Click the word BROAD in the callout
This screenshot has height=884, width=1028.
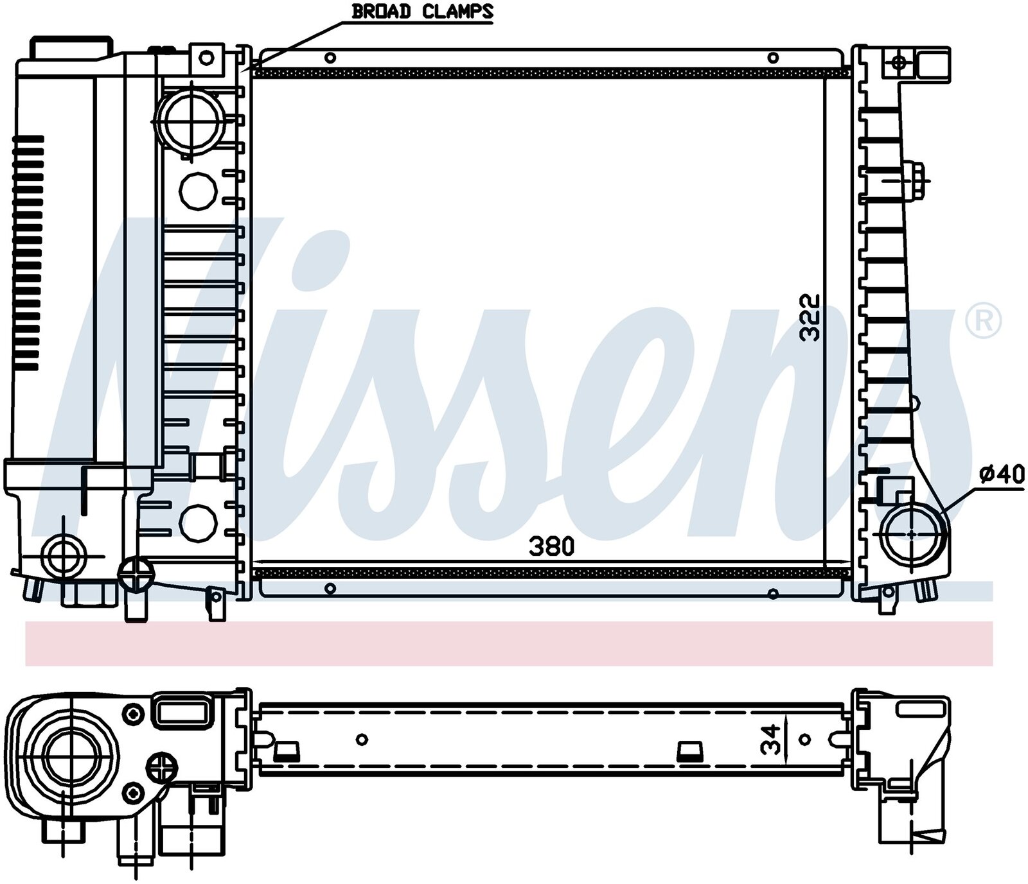click(x=382, y=12)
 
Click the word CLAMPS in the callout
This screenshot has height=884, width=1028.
click(x=457, y=12)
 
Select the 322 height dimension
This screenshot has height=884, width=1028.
click(x=811, y=317)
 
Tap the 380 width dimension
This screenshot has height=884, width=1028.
click(x=551, y=547)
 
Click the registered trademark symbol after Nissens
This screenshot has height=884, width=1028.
click(x=983, y=321)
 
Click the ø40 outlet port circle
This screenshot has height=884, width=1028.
click(x=913, y=534)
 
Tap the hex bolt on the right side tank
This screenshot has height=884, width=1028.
click(x=915, y=180)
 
